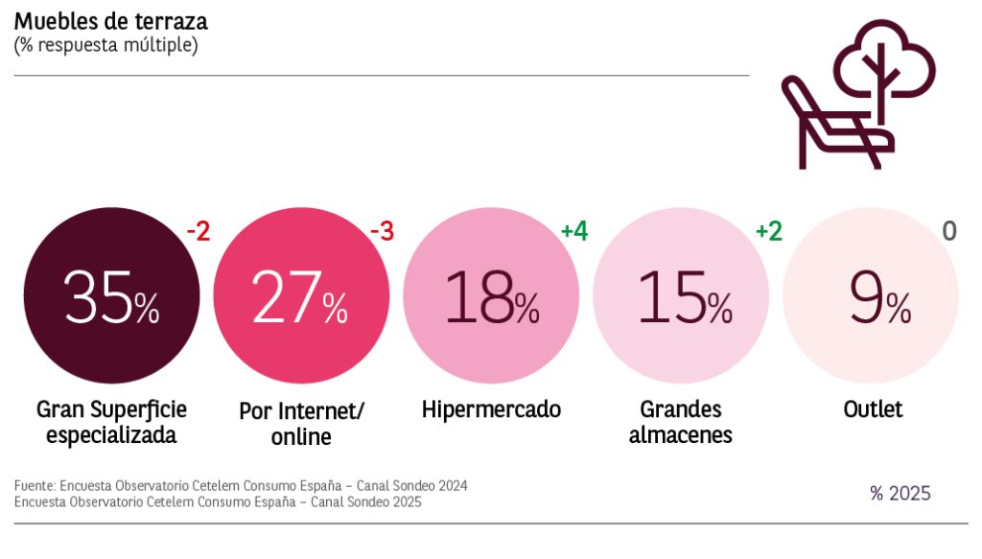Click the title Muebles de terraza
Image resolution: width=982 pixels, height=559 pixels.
[110, 20]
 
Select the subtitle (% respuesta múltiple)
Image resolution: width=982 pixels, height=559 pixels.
[105, 45]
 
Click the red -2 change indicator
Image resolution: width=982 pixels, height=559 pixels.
[197, 231]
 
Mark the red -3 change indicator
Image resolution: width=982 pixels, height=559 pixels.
[382, 231]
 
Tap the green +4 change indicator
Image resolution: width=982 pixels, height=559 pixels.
[574, 231]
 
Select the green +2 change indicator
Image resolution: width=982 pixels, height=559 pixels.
[768, 231]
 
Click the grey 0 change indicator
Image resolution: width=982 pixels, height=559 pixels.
[949, 231]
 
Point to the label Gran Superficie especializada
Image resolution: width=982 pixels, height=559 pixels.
[111, 422]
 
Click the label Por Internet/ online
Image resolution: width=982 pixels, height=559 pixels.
[301, 423]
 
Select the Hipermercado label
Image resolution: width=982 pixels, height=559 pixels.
[491, 409]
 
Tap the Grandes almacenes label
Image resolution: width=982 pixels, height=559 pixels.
[681, 422]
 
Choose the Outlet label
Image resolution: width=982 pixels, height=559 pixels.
[873, 409]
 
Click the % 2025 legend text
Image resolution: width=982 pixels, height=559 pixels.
[900, 494]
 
